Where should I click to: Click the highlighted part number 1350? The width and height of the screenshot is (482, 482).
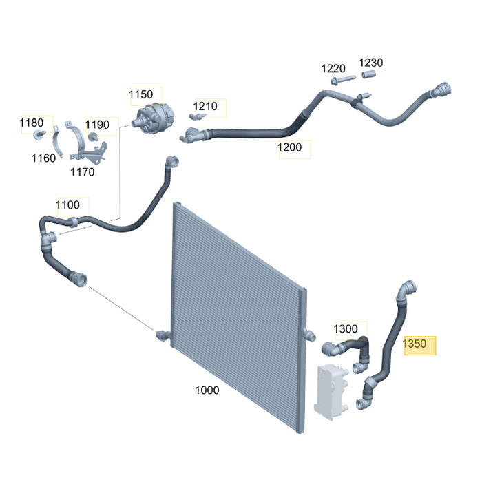[415, 344]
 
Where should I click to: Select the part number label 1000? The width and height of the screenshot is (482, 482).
[207, 390]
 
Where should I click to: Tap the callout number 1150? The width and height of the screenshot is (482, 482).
[140, 94]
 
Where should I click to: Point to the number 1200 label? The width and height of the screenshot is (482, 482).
[290, 147]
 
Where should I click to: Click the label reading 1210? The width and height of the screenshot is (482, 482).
[205, 106]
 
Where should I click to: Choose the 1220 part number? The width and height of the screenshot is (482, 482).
[333, 69]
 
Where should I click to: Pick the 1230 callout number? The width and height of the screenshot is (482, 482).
[371, 63]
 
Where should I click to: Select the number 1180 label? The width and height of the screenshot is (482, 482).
[32, 123]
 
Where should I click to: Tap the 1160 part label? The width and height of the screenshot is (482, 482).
[43, 158]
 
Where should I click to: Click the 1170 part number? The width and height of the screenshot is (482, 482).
[83, 172]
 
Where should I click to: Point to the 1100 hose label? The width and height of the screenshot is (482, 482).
[67, 205]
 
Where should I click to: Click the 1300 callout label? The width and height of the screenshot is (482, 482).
[346, 329]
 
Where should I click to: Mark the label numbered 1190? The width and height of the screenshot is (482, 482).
[97, 125]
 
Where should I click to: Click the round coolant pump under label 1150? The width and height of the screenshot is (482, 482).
[153, 118]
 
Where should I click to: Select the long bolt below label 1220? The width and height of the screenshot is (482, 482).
[343, 80]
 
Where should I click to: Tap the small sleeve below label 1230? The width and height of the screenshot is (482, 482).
[369, 74]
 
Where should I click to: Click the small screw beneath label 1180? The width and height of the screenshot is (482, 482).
[39, 134]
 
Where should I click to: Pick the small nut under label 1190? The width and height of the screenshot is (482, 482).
[92, 136]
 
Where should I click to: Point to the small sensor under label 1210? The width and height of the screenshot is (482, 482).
[197, 116]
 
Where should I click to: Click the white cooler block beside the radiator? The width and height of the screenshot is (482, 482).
[331, 392]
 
